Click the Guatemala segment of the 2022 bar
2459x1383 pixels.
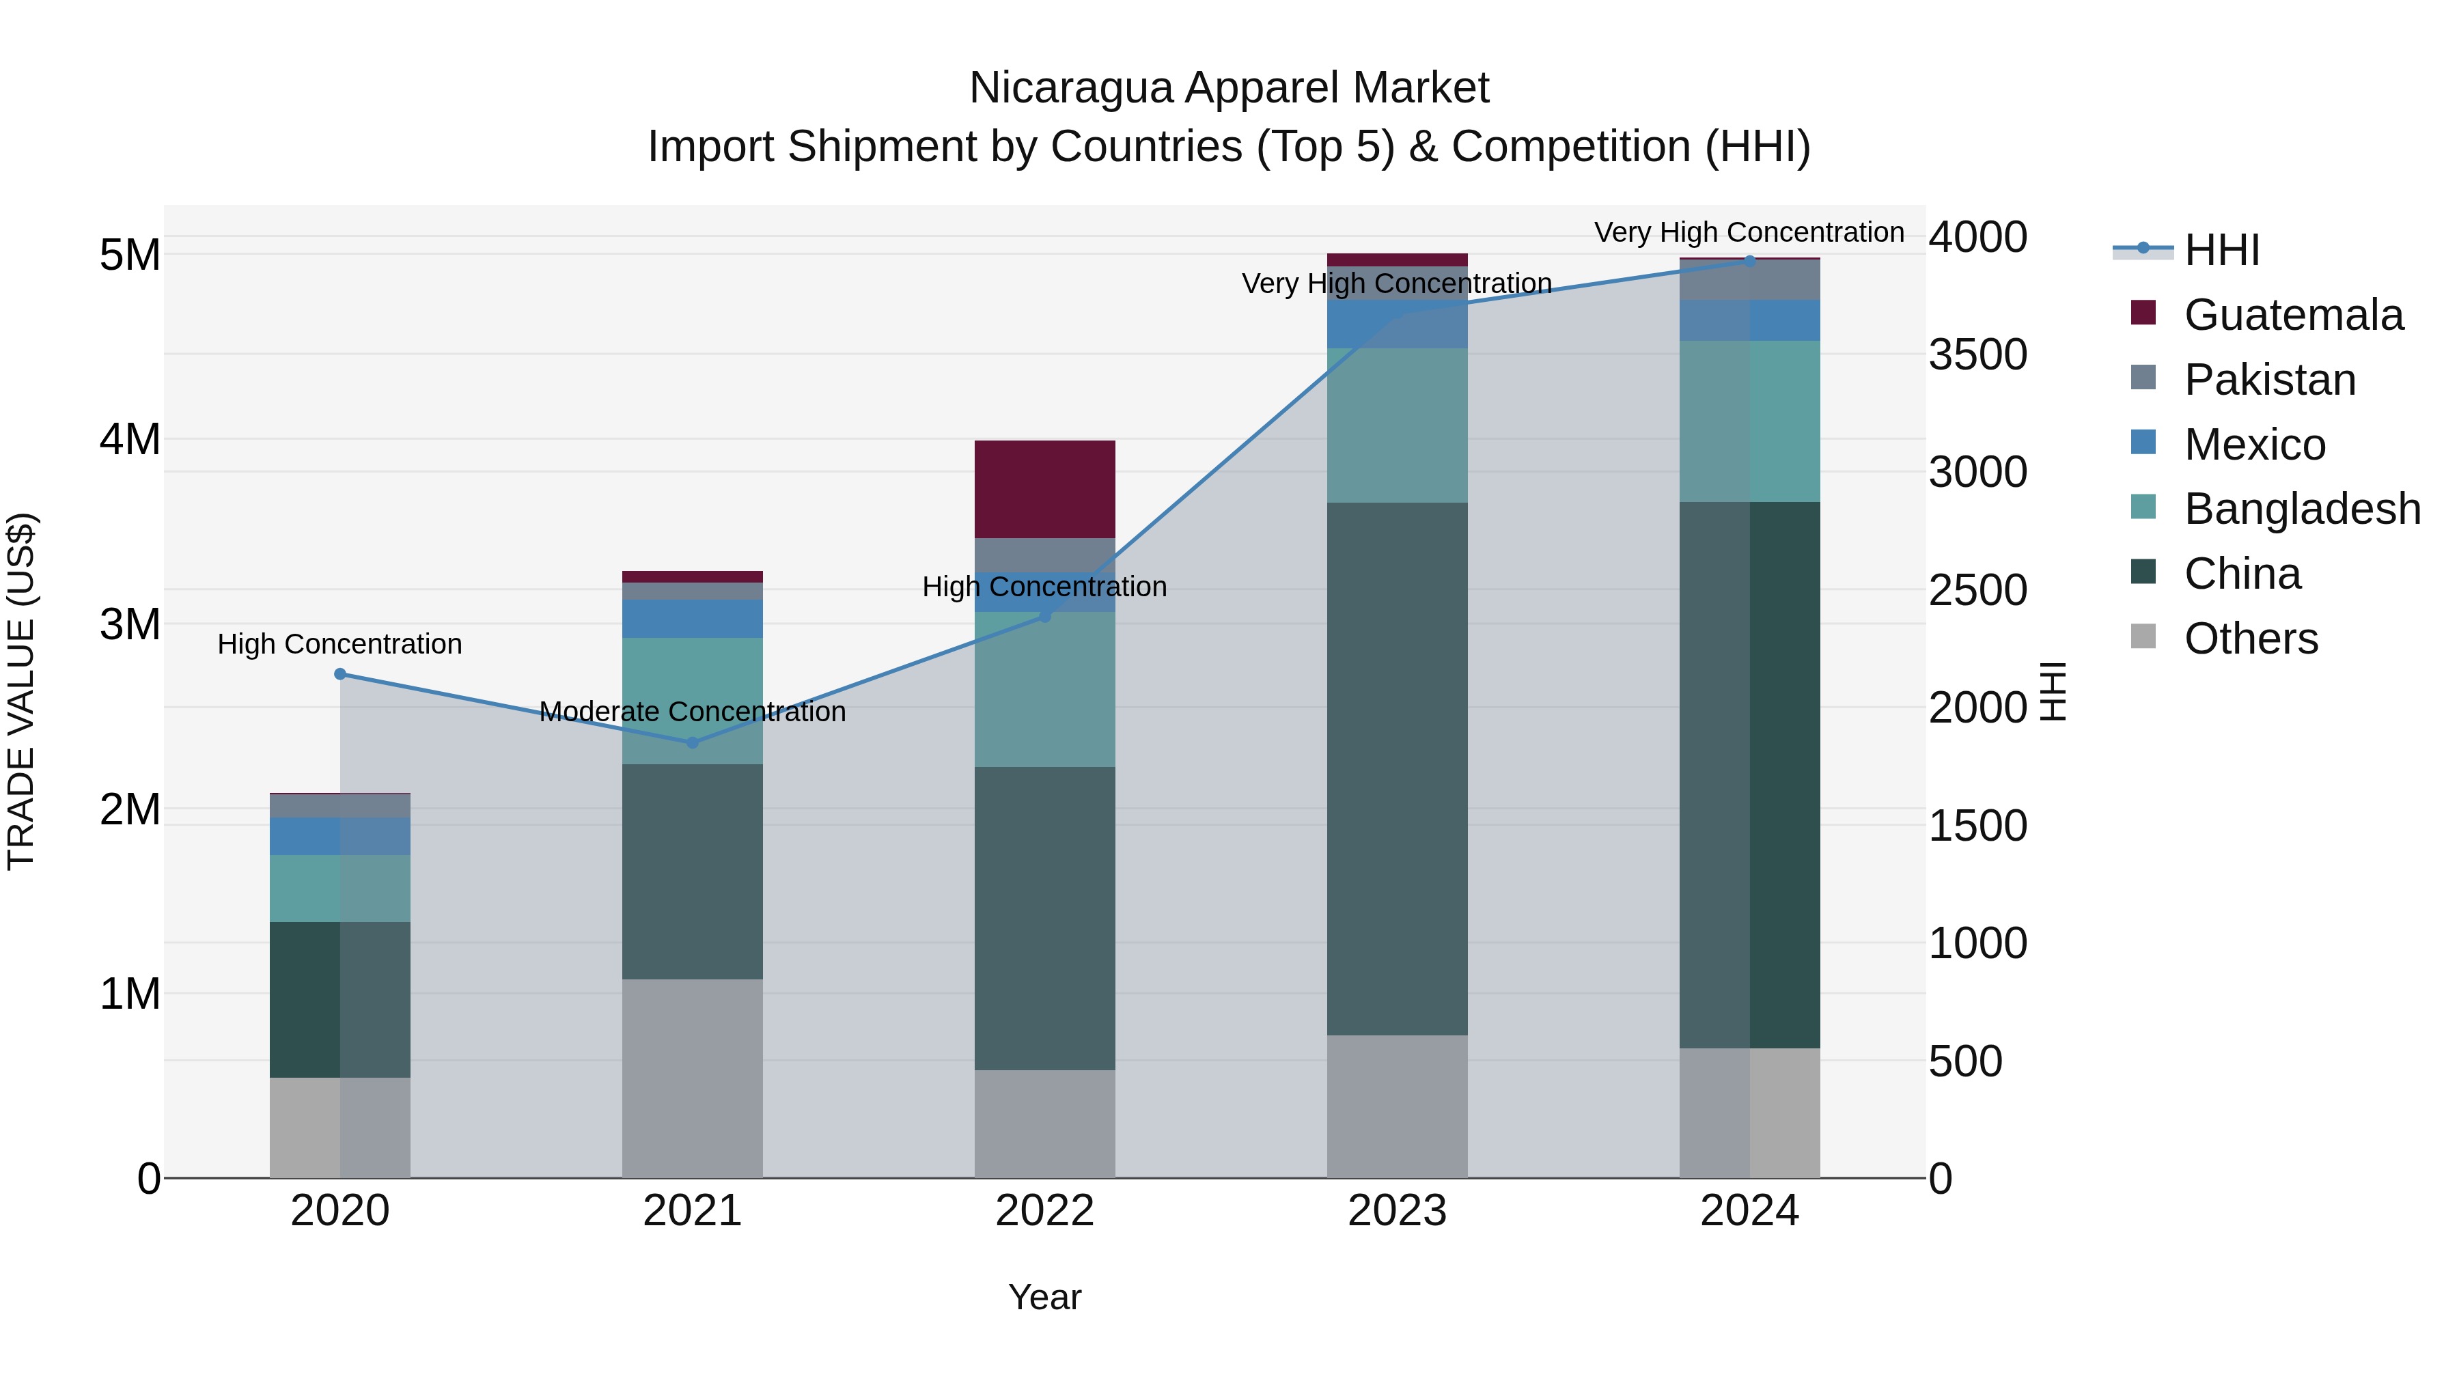[x=1044, y=489]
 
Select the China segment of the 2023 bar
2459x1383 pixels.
[x=1397, y=768]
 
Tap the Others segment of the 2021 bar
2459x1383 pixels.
[x=692, y=1078]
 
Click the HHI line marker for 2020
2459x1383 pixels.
[x=340, y=674]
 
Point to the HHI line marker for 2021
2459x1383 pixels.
[x=692, y=742]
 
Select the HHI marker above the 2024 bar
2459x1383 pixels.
[x=1749, y=261]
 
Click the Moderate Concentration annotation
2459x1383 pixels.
[x=692, y=712]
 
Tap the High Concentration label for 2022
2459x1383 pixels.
[x=1044, y=587]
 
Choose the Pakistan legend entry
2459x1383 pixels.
[x=2269, y=380]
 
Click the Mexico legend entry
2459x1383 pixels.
[x=2254, y=445]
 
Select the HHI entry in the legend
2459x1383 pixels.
[x=2221, y=250]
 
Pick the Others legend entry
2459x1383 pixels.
[x=2250, y=639]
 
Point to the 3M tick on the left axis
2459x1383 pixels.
[x=130, y=624]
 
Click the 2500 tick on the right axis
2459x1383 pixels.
[x=1977, y=590]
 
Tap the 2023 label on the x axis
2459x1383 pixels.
[x=1397, y=1211]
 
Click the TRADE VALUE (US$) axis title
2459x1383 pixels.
[x=21, y=691]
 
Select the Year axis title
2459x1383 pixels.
[x=1044, y=1297]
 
